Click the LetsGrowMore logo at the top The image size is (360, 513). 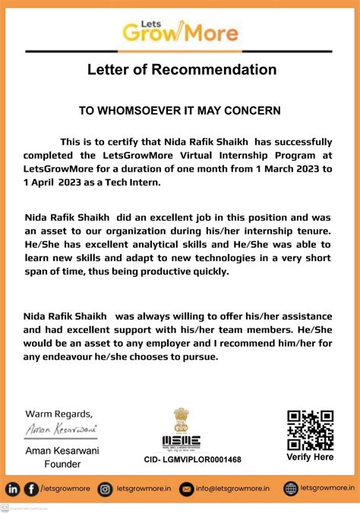180,30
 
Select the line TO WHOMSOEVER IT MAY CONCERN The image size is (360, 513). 180,111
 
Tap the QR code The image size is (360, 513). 310,430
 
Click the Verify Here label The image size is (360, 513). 310,458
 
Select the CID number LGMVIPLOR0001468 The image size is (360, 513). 192,460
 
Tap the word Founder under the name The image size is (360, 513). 62,464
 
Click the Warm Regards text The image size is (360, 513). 59,414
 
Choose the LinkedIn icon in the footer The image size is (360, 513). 13,489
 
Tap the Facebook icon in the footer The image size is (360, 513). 31,489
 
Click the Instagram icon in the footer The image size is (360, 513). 106,489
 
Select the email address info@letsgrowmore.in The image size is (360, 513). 232,489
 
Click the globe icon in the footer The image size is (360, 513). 291,489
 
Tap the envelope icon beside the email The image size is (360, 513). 187,489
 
